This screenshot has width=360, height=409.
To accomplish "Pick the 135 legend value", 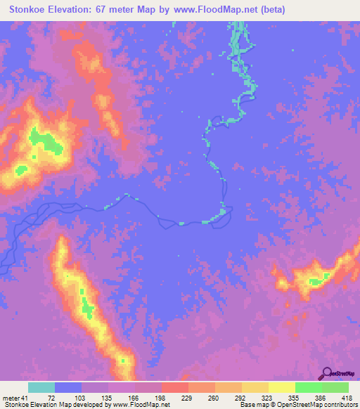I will point(105,398).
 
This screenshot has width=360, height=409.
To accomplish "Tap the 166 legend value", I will point(132,398).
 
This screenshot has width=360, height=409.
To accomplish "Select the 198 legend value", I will point(159,398).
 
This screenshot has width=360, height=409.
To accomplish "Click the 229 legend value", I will point(186,398).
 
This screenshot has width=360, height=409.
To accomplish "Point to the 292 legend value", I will point(240,398).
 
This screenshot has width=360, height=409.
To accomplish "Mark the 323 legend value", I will point(266,398).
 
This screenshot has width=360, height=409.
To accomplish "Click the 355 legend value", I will point(293,398).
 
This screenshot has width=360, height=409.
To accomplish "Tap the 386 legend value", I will point(320,398).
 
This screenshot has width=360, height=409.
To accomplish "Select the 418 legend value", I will point(347,398).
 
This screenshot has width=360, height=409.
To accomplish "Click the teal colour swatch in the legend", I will point(41,387).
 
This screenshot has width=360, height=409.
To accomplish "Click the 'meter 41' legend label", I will point(16,398).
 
